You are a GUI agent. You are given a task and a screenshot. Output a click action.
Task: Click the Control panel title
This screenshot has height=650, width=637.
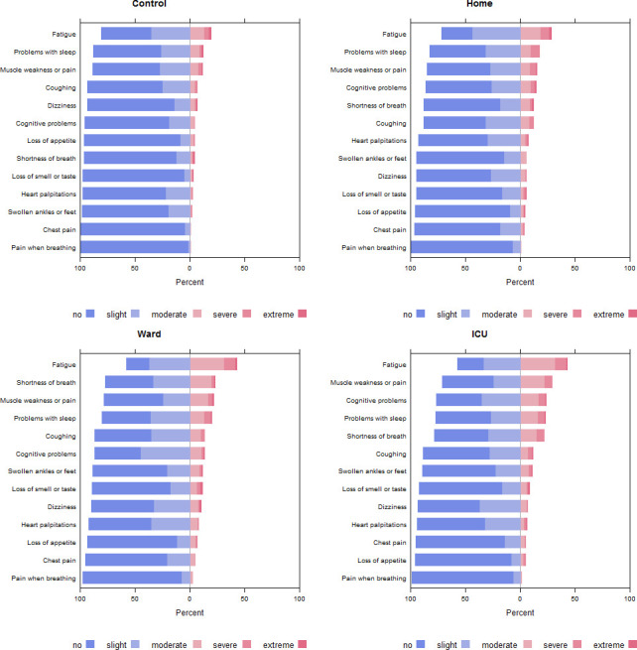[149, 4]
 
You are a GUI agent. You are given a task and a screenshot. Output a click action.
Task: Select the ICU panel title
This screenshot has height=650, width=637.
[479, 334]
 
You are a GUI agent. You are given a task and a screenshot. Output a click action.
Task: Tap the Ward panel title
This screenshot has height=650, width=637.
[149, 334]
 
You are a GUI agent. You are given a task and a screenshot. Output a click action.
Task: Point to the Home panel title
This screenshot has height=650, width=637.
[479, 4]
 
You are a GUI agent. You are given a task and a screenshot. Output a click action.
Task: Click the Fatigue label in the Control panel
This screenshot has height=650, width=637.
[64, 34]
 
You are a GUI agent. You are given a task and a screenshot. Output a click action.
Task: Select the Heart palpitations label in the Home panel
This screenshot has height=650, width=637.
[379, 141]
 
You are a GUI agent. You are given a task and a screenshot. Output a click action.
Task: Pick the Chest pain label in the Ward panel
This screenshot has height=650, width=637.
[60, 561]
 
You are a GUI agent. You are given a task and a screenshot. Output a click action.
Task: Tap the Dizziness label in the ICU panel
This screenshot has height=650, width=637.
[392, 507]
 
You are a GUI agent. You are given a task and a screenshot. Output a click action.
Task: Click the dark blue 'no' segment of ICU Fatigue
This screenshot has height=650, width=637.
[470, 364]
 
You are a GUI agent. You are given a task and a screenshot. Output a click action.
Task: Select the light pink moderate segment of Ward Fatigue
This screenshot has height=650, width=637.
[207, 364]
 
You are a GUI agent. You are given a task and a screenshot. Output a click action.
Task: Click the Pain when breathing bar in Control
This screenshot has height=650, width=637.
[135, 247]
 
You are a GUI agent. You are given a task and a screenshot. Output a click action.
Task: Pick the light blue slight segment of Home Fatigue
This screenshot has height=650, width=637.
[496, 34]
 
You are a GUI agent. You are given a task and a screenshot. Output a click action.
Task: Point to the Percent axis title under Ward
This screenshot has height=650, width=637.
[190, 612]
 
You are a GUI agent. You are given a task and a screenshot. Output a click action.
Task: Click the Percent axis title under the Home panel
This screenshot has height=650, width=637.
[520, 282]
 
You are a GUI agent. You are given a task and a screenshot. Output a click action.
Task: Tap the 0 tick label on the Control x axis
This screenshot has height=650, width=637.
[190, 268]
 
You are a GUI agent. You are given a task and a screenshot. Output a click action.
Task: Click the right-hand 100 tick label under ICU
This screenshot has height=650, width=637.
[629, 599]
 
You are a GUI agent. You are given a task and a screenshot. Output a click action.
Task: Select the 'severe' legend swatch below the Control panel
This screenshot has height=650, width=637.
[247, 314]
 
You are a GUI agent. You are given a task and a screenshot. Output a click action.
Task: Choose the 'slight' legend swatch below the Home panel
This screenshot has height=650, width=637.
[465, 314]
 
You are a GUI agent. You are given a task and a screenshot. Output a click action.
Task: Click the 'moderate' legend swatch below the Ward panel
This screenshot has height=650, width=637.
[197, 644]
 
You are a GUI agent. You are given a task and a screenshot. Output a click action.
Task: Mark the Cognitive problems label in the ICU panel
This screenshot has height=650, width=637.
[376, 401]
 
